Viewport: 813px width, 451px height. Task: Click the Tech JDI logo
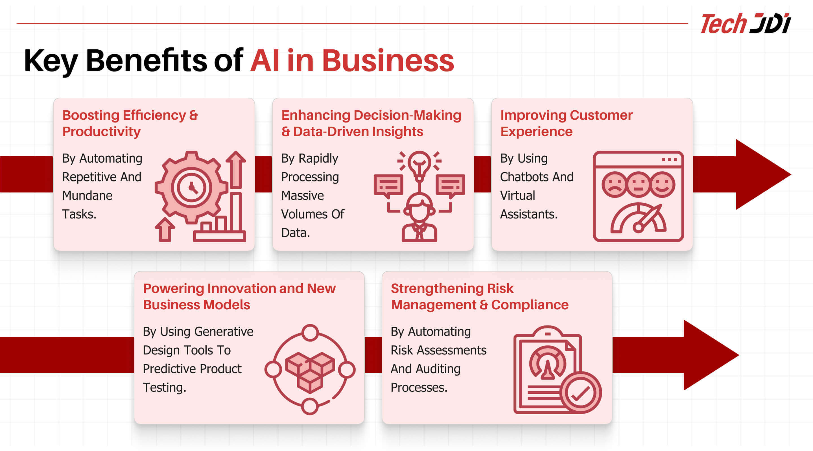point(746,23)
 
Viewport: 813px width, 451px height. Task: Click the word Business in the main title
point(388,61)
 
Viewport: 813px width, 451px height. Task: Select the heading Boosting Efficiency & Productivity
point(130,123)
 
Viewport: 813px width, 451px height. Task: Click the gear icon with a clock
point(191,187)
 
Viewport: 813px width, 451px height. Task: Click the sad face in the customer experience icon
point(614,185)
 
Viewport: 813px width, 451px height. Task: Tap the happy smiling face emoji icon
point(662,185)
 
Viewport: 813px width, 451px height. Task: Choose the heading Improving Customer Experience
point(567,123)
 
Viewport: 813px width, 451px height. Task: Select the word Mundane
point(87,196)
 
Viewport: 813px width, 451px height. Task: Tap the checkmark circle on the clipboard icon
point(580,393)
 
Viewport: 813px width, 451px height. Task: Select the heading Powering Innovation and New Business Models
point(239,297)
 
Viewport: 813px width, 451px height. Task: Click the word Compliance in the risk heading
point(530,305)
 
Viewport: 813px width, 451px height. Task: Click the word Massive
point(302,196)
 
